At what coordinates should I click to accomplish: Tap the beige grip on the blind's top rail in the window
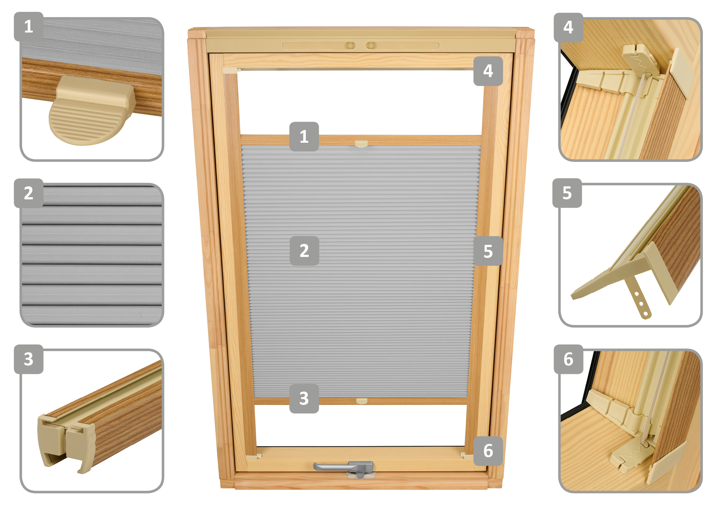coord(361,144)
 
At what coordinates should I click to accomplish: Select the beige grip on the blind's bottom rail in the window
coord(362,401)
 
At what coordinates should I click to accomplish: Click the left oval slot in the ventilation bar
coord(350,46)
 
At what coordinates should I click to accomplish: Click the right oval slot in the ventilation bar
coord(371,46)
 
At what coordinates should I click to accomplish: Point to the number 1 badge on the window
coord(304,137)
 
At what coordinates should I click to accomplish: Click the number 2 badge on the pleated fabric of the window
coord(304,251)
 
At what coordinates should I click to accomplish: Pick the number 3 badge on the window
coord(304,399)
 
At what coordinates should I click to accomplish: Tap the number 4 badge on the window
coord(488,71)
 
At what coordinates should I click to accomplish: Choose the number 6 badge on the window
coord(488,451)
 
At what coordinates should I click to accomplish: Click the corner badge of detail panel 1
coord(29,27)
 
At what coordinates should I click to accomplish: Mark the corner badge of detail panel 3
coord(29,359)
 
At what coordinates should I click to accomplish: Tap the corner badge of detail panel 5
coord(567,193)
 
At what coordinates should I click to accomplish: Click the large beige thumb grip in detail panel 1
coord(91,110)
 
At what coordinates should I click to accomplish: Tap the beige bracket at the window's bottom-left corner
coord(253,457)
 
